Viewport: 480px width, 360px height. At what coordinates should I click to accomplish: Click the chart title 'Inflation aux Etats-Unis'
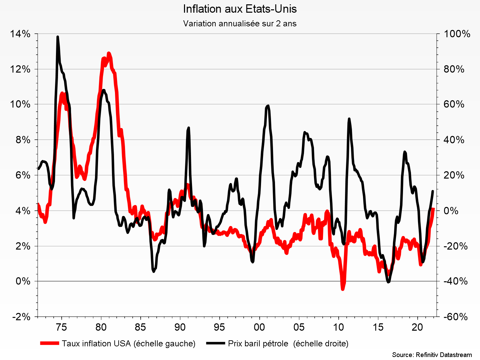point(240,9)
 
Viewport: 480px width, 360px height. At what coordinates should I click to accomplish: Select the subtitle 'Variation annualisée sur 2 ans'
point(240,24)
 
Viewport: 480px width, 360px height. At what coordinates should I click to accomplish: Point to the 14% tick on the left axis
point(20,34)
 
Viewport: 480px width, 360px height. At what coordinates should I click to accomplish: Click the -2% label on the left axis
point(21,317)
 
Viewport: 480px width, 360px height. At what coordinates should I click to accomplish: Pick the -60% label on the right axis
point(456,317)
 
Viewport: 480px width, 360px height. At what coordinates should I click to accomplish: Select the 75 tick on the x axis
point(62,327)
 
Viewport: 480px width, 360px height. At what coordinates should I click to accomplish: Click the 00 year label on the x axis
point(259,327)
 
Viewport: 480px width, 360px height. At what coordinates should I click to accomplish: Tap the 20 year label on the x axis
point(417,327)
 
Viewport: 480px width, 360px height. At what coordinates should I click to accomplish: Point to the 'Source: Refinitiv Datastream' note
point(432,355)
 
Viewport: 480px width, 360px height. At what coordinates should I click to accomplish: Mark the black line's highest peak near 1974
point(58,37)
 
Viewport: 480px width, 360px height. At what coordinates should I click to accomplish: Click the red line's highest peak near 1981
point(109,53)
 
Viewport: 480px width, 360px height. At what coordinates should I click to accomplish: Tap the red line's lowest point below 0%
point(342,289)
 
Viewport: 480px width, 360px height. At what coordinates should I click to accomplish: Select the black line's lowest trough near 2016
point(388,282)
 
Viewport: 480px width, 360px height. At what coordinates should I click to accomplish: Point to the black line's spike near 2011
point(349,119)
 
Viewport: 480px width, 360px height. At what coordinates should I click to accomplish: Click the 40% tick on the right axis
point(454,140)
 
